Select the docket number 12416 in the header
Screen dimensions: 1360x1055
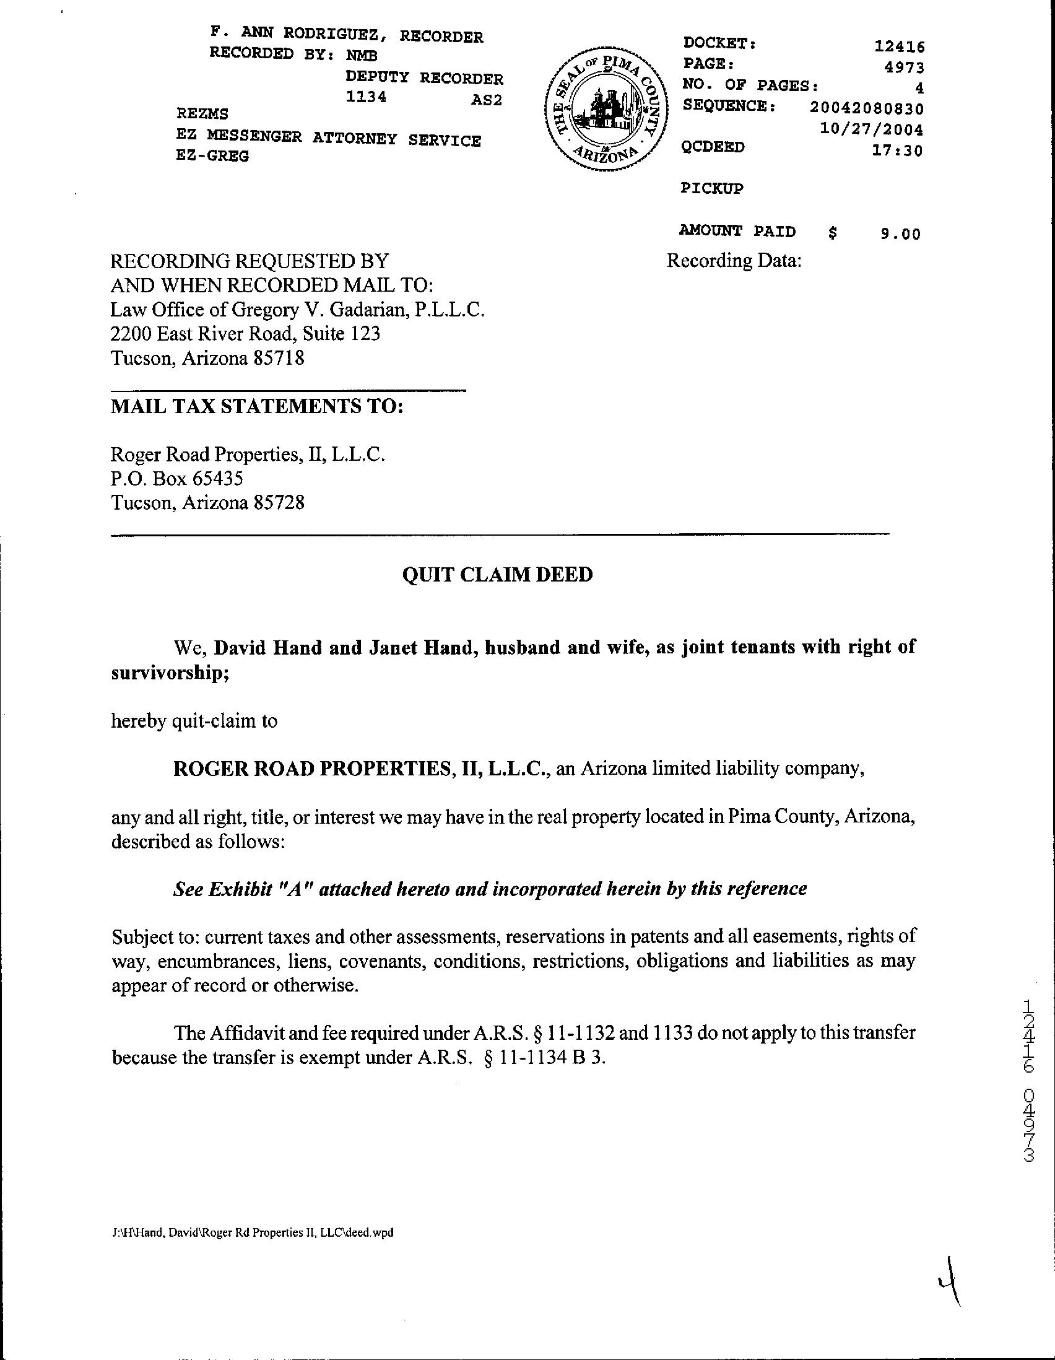(x=900, y=46)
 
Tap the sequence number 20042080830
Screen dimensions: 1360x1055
(x=866, y=108)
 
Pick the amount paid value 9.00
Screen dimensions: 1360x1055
(x=900, y=234)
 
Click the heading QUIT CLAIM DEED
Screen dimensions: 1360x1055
(x=497, y=574)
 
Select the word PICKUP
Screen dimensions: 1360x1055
(x=712, y=188)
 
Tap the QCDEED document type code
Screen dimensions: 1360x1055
(x=713, y=147)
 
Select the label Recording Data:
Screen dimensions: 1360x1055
(x=734, y=260)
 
